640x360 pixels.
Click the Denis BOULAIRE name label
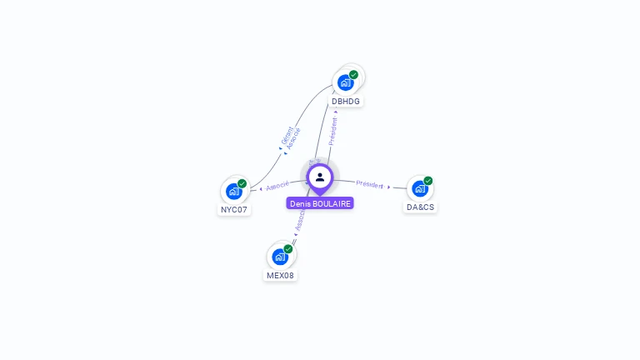pyautogui.click(x=320, y=203)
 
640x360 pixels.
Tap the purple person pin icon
pyautogui.click(x=320, y=177)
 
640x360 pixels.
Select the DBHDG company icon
pyautogui.click(x=345, y=82)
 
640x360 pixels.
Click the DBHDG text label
pyautogui.click(x=346, y=101)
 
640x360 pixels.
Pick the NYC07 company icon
pyautogui.click(x=233, y=191)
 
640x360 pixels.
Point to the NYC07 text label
pyautogui.click(x=234, y=209)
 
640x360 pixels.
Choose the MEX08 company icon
pyautogui.click(x=280, y=256)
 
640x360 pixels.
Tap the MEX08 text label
pyautogui.click(x=280, y=275)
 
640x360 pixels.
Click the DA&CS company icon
pyautogui.click(x=419, y=188)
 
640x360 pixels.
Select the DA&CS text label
pyautogui.click(x=420, y=207)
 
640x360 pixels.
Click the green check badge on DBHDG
pyautogui.click(x=353, y=75)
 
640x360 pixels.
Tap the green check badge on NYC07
pyautogui.click(x=242, y=183)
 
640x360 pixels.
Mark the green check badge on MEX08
pyautogui.click(x=288, y=248)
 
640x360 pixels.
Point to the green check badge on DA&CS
pyautogui.click(x=427, y=181)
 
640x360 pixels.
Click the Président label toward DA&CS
pyautogui.click(x=369, y=184)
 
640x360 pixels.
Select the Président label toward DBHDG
pyautogui.click(x=333, y=131)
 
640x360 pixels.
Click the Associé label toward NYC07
pyautogui.click(x=277, y=186)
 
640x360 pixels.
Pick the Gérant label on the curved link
pyautogui.click(x=287, y=135)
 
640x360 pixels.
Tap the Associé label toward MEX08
pyautogui.click(x=301, y=218)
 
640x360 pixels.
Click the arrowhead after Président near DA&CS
pyautogui.click(x=388, y=187)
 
